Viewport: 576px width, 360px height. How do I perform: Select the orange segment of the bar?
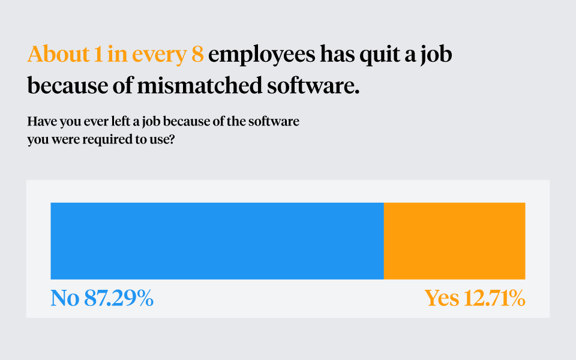point(454,241)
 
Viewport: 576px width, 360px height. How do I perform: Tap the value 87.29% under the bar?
point(119,298)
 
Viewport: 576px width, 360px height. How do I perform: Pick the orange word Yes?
point(442,298)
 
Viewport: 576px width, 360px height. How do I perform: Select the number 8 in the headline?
point(197,55)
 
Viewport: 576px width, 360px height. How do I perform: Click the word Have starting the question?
point(41,122)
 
